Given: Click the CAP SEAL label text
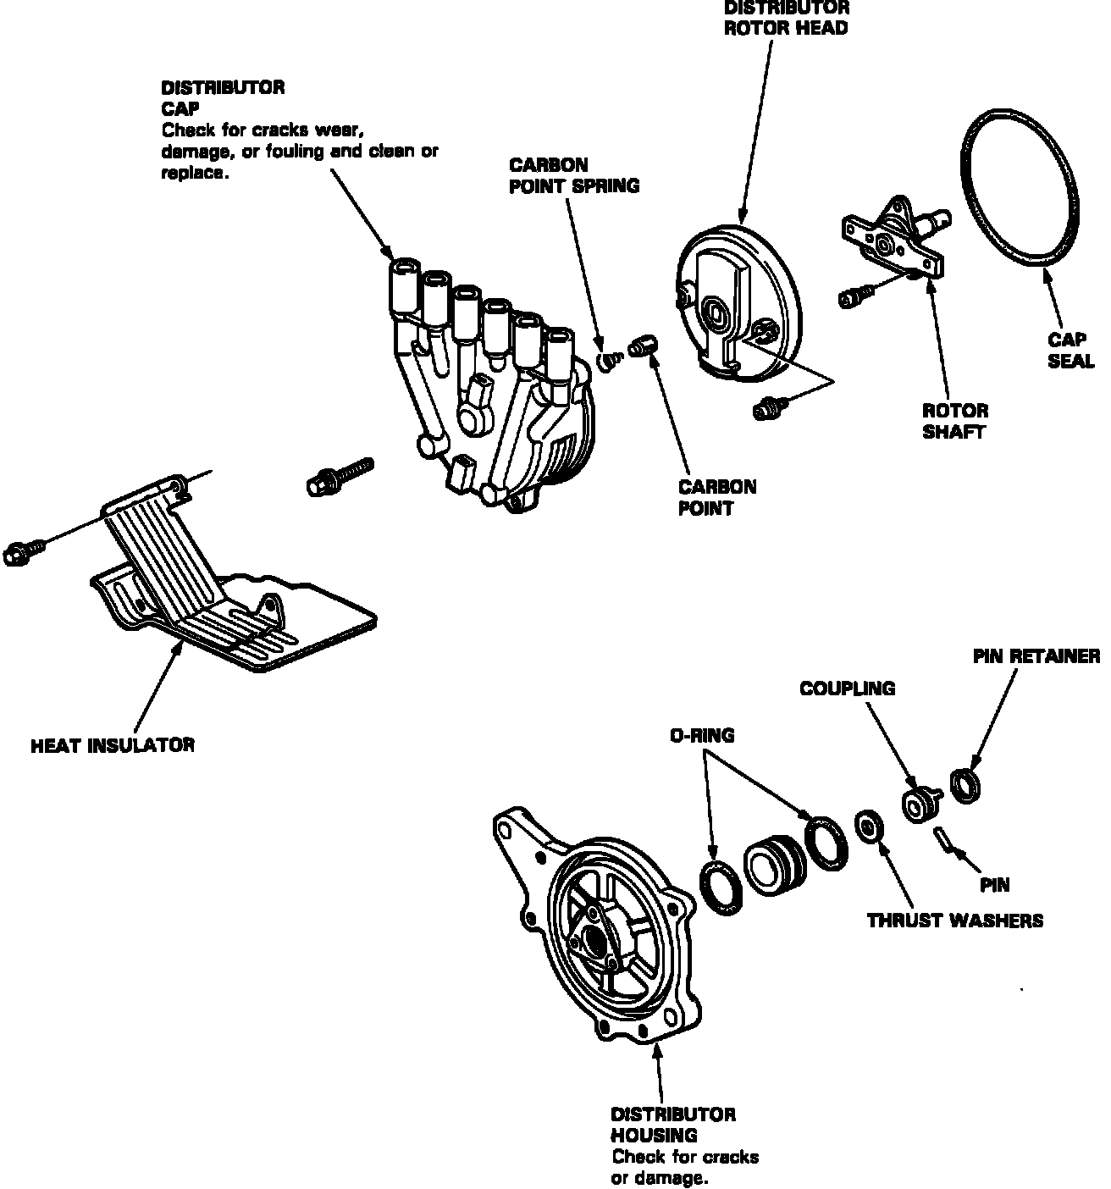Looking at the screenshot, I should pyautogui.click(x=1070, y=350).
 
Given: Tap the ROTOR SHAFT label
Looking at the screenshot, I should pyautogui.click(x=955, y=421).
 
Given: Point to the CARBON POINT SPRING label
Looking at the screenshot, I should pyautogui.click(x=573, y=175).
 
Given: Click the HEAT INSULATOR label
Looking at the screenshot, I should pyautogui.click(x=113, y=745).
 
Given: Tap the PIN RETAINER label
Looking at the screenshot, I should pyautogui.click(x=1036, y=656).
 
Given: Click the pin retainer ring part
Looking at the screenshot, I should pyautogui.click(x=966, y=783).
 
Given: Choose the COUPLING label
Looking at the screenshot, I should pyautogui.click(x=847, y=689).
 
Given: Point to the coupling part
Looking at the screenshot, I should pyautogui.click(x=917, y=804).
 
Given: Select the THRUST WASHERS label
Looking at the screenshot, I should pyautogui.click(x=954, y=920).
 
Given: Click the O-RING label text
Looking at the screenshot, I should pyautogui.click(x=702, y=736).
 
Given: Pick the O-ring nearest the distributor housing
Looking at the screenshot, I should pyautogui.click(x=721, y=888).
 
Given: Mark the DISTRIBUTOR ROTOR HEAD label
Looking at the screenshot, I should pyautogui.click(x=786, y=18).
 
